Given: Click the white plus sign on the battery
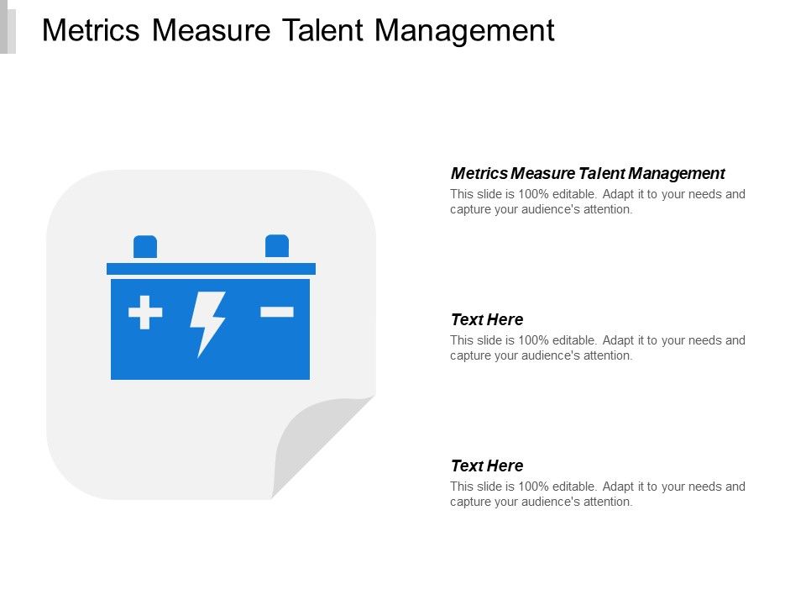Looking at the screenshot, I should pyautogui.click(x=145, y=313).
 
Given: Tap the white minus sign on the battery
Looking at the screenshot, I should pyautogui.click(x=277, y=312).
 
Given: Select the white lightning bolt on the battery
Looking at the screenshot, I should pyautogui.click(x=207, y=323).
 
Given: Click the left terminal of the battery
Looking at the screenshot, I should pyautogui.click(x=145, y=246).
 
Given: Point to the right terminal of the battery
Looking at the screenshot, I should pyautogui.click(x=277, y=245).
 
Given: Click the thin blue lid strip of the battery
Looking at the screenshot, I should pyautogui.click(x=211, y=268).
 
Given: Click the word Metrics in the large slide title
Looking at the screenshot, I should pyautogui.click(x=92, y=30).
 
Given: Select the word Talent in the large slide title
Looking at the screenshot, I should pyautogui.click(x=322, y=30).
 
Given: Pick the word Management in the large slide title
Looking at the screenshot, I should pyautogui.click(x=464, y=30).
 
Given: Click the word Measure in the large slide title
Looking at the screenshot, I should pyautogui.click(x=212, y=30).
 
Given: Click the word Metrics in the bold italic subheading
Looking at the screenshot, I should pyautogui.click(x=479, y=174).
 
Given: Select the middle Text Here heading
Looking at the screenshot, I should pyautogui.click(x=487, y=320).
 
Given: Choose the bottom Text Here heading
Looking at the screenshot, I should pyautogui.click(x=487, y=466).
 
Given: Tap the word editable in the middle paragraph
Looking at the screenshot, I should pyautogui.click(x=573, y=340).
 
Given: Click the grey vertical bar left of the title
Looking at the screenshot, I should pyautogui.click(x=8, y=27).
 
